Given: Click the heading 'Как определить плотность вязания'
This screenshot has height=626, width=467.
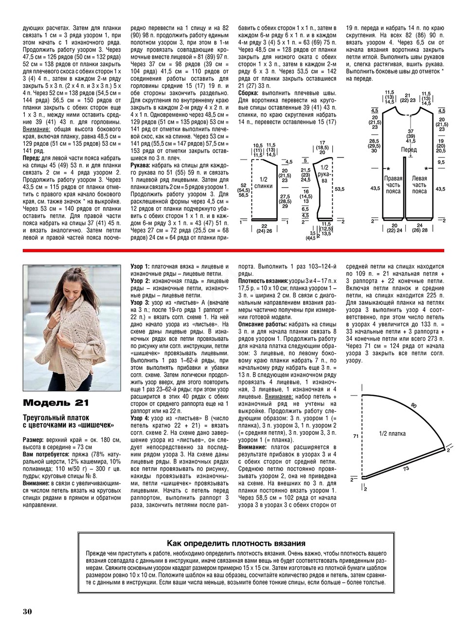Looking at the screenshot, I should click(x=236, y=543).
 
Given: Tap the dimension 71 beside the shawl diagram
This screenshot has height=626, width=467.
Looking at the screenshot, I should click(x=356, y=436).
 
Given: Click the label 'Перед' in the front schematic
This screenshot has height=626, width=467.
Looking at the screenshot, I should click(x=409, y=150).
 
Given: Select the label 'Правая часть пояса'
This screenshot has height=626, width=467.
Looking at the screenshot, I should click(x=393, y=185).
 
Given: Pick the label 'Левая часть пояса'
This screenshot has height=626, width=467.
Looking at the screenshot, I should click(x=419, y=185).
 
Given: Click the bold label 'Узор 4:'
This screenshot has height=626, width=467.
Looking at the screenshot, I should click(x=140, y=418).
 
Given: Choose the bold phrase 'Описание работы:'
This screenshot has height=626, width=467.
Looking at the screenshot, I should click(x=261, y=324).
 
